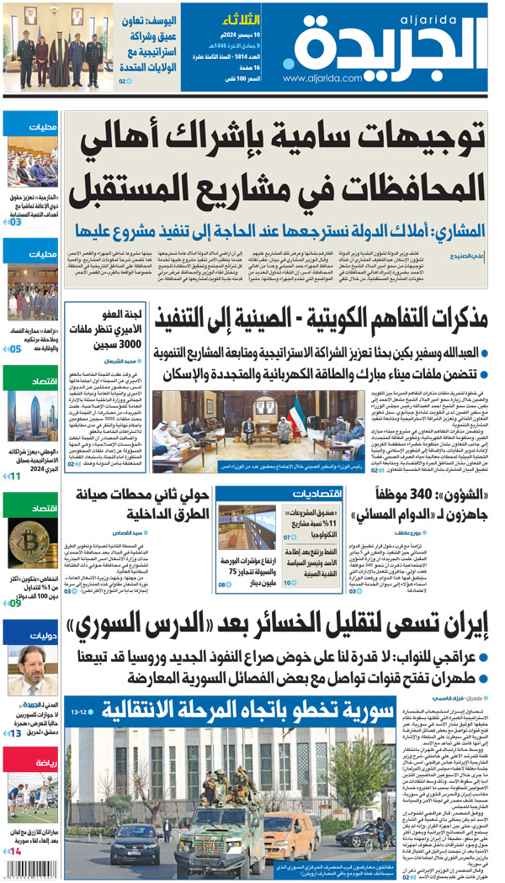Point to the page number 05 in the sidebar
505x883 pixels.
pyautogui.click(x=15, y=346)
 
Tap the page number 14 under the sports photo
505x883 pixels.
pyautogui.click(x=15, y=852)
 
